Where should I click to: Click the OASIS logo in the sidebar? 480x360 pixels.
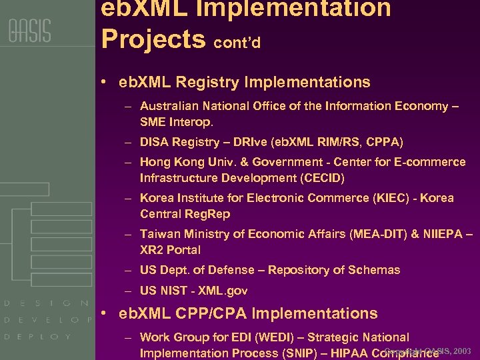click(x=29, y=31)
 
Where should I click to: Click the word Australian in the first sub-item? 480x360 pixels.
click(x=167, y=106)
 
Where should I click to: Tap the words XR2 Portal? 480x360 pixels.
click(x=170, y=250)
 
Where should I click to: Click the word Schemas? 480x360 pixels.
click(x=373, y=270)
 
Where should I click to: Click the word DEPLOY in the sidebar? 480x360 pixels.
click(x=37, y=337)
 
